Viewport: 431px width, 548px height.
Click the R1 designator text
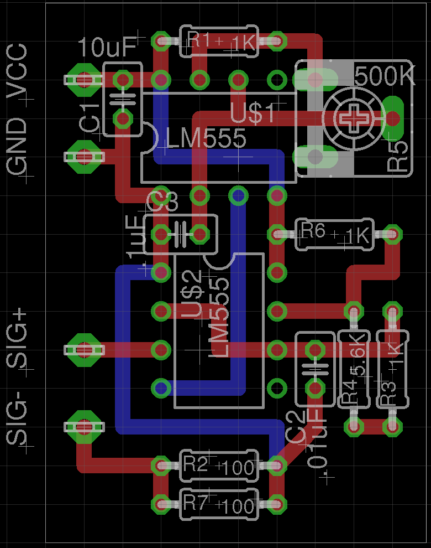tap(199, 40)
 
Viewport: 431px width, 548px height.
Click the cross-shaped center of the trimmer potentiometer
tap(354, 118)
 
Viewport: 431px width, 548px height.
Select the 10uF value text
tap(107, 48)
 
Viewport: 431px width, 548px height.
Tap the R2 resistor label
tap(196, 464)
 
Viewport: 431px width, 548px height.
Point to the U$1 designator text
tap(254, 113)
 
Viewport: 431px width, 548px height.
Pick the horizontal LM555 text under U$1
tap(206, 138)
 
